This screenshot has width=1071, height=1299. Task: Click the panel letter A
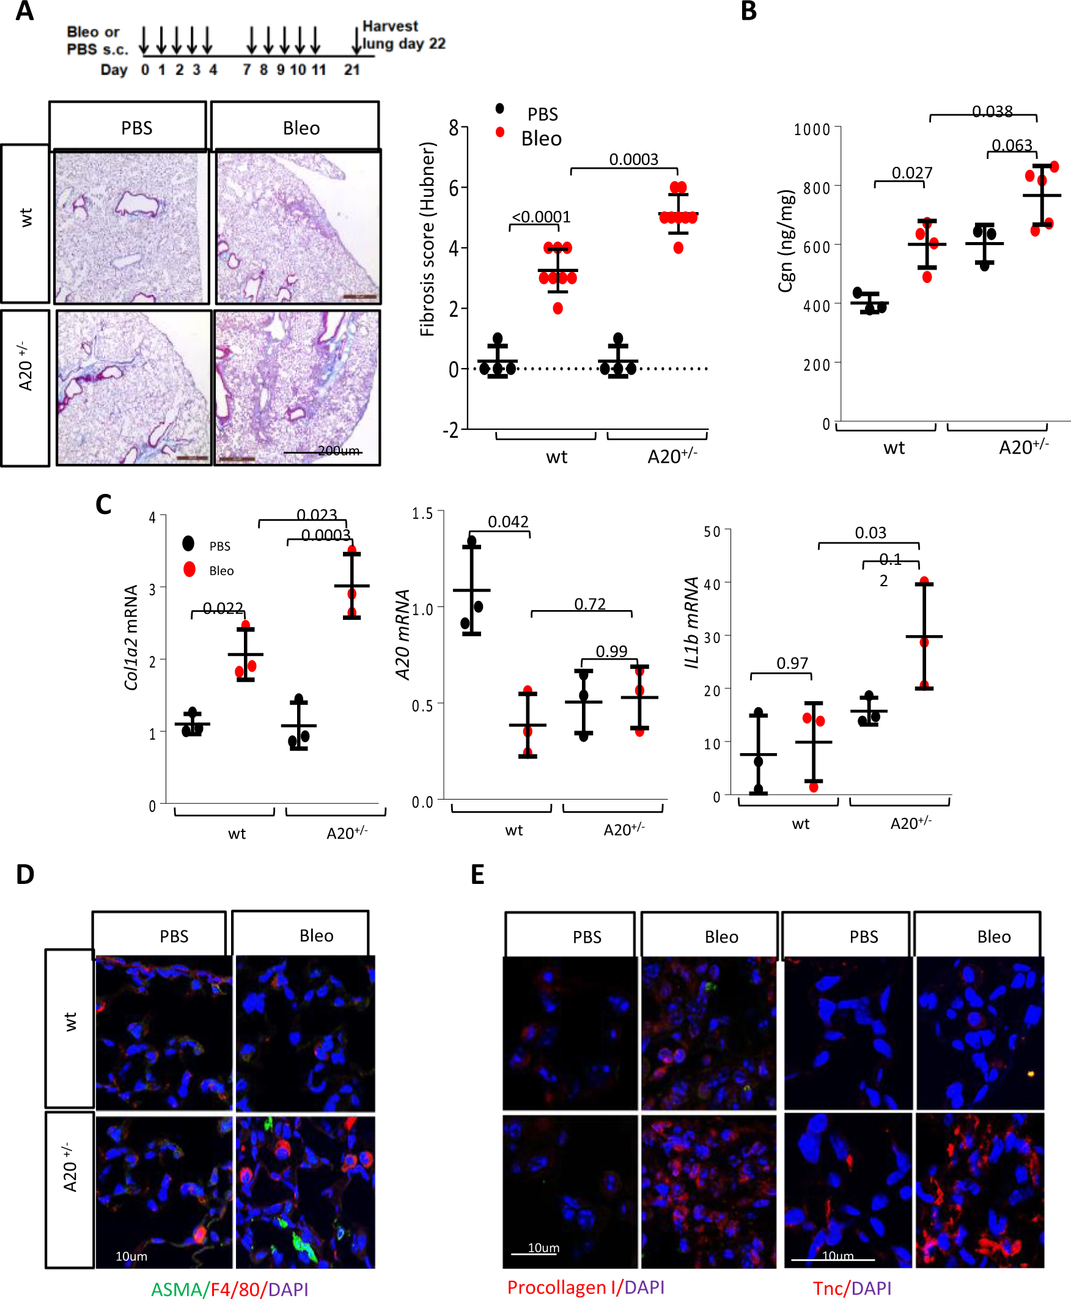24,11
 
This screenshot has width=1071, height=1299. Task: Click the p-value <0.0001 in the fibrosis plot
541,217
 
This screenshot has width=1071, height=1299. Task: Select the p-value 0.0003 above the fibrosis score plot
633,159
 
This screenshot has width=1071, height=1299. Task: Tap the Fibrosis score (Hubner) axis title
427,240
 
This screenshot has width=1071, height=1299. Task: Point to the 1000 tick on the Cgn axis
812,130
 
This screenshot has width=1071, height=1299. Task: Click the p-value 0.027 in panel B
912,173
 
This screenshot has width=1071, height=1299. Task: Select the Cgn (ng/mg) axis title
786,241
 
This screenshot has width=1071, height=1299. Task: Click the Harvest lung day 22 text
403,35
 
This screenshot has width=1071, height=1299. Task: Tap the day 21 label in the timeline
351,70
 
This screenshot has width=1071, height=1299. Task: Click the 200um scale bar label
339,451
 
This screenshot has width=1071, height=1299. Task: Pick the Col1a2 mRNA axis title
131,637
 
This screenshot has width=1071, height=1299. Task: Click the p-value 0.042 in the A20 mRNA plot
508,522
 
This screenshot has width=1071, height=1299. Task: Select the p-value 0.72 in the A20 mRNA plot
590,604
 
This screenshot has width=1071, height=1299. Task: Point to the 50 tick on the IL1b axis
712,532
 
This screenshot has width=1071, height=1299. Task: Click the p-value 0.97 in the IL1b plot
792,663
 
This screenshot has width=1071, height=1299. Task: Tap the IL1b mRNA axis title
692,622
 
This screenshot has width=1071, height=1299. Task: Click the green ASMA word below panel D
176,1289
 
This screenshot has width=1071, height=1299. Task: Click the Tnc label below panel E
827,1288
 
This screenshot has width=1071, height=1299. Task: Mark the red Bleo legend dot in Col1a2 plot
190,569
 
